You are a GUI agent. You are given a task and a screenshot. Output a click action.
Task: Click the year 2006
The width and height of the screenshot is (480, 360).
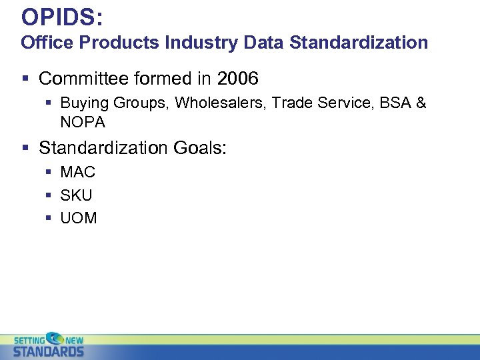[x=237, y=79]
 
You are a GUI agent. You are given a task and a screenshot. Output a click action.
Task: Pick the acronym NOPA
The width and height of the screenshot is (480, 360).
[x=83, y=123]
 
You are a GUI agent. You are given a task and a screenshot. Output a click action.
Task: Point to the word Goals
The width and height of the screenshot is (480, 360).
[x=201, y=147]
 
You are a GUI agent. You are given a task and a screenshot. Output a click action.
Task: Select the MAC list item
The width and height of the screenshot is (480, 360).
[x=78, y=172]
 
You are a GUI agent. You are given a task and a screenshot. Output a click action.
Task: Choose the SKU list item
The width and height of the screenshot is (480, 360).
[x=77, y=195]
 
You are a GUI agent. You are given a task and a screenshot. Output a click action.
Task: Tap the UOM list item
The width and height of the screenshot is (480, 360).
[x=79, y=218]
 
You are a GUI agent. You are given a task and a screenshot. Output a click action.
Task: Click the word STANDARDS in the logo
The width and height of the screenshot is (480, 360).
[x=49, y=351]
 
